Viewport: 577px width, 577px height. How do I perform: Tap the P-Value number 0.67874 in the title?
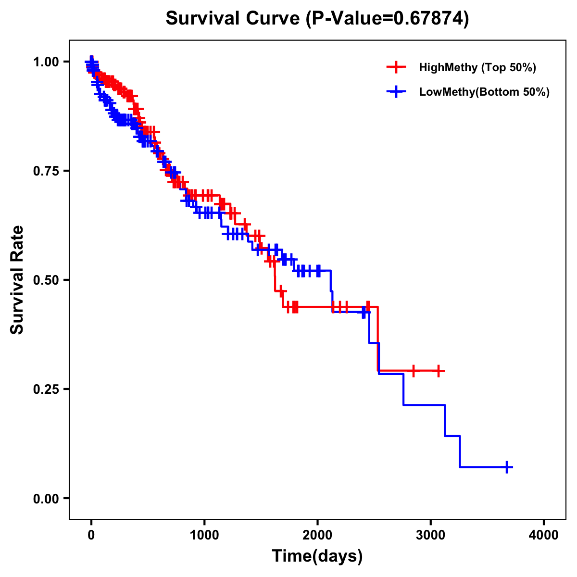429,18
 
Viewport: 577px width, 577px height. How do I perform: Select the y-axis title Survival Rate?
17,280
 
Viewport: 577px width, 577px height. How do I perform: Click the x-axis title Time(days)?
317,556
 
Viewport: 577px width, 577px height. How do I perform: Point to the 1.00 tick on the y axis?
46,62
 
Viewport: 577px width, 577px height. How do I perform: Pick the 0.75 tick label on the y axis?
46,171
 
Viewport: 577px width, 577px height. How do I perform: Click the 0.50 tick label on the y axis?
46,280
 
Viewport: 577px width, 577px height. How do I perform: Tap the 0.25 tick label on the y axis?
46,389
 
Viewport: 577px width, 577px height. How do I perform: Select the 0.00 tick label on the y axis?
46,498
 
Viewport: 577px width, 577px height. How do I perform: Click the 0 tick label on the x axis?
91,535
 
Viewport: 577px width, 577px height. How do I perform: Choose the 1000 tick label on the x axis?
204,535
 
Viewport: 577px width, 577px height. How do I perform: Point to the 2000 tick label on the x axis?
317,535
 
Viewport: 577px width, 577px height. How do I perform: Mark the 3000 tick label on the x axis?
431,535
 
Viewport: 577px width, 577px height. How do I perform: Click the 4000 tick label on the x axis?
544,535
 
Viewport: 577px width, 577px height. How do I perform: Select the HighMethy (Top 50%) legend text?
477,67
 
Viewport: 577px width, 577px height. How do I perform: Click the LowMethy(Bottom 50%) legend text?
484,92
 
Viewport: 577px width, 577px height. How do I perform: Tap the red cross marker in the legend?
396,67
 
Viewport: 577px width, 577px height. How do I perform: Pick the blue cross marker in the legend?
396,92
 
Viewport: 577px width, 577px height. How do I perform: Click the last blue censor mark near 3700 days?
507,467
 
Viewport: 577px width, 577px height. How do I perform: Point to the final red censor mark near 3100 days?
439,371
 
